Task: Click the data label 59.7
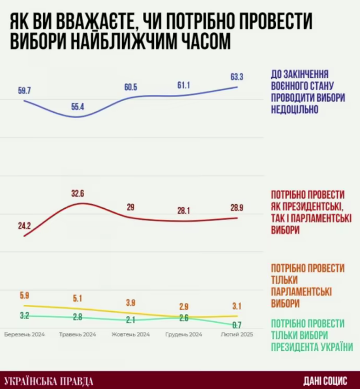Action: pos(25,91)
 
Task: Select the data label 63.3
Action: pos(237,77)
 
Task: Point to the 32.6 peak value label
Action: pos(78,194)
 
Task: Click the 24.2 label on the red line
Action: pos(25,226)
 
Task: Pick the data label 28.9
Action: pos(236,208)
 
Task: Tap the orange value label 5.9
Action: pos(24,295)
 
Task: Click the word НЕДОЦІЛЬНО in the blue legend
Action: pos(295,110)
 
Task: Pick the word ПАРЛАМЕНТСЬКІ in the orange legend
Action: pos(302,291)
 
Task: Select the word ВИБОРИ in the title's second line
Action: pos(40,41)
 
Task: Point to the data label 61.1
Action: pos(183,85)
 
